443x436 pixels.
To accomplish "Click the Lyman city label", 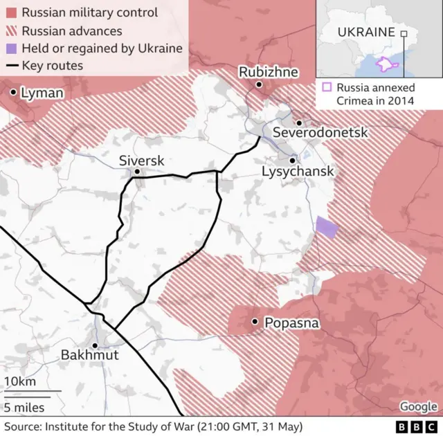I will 42,92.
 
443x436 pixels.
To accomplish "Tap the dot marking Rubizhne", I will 259,84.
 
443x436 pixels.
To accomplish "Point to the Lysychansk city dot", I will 293,159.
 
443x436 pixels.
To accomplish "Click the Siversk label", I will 141,161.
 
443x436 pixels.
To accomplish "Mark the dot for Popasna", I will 255,322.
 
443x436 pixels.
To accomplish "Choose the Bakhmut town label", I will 89,355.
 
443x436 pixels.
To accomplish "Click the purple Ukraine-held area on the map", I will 325,227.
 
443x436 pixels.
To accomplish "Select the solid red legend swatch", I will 11,12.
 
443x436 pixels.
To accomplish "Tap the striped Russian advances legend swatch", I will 11,30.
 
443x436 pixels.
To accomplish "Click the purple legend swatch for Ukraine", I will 11,48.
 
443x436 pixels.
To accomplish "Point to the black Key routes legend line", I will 11,66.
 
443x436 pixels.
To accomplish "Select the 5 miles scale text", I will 24,406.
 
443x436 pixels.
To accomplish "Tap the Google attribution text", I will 418,407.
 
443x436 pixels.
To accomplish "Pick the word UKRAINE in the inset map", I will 366,32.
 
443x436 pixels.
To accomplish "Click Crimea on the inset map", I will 384,64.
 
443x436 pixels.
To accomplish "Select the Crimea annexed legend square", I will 327,87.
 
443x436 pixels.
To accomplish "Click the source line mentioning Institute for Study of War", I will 153,426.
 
